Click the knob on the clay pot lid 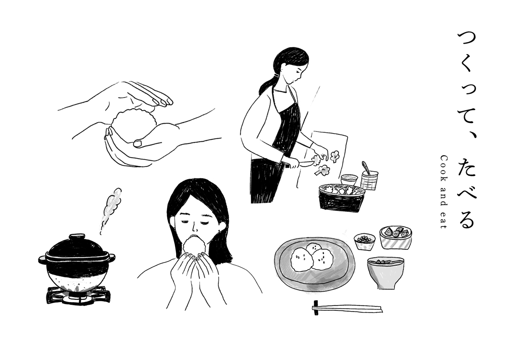pos(77,237)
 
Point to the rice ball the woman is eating pos(194,246)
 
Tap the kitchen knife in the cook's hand pos(300,164)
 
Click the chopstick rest pos(316,308)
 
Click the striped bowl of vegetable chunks pos(396,237)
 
